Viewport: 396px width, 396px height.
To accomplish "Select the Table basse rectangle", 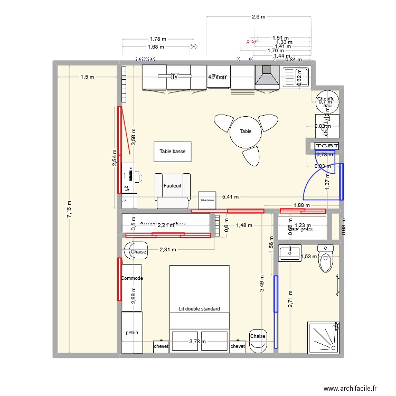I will tap(172, 152).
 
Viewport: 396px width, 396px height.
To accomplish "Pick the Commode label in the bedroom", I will tap(132, 278).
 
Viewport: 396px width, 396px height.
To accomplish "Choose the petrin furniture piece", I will tap(132, 333).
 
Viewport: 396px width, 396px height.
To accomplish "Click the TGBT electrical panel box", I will tap(326, 146).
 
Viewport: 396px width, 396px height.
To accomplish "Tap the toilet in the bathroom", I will tap(325, 258).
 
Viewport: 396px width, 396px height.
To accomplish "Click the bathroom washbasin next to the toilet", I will tap(289, 253).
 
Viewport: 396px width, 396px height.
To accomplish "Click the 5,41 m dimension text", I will tap(230, 197).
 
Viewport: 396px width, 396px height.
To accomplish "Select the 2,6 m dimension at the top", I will tap(258, 17).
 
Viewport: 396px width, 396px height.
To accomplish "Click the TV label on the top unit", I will tap(174, 77).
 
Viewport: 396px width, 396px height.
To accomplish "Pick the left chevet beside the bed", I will tap(161, 346).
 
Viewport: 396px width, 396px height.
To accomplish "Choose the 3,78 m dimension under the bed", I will tap(199, 342).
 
